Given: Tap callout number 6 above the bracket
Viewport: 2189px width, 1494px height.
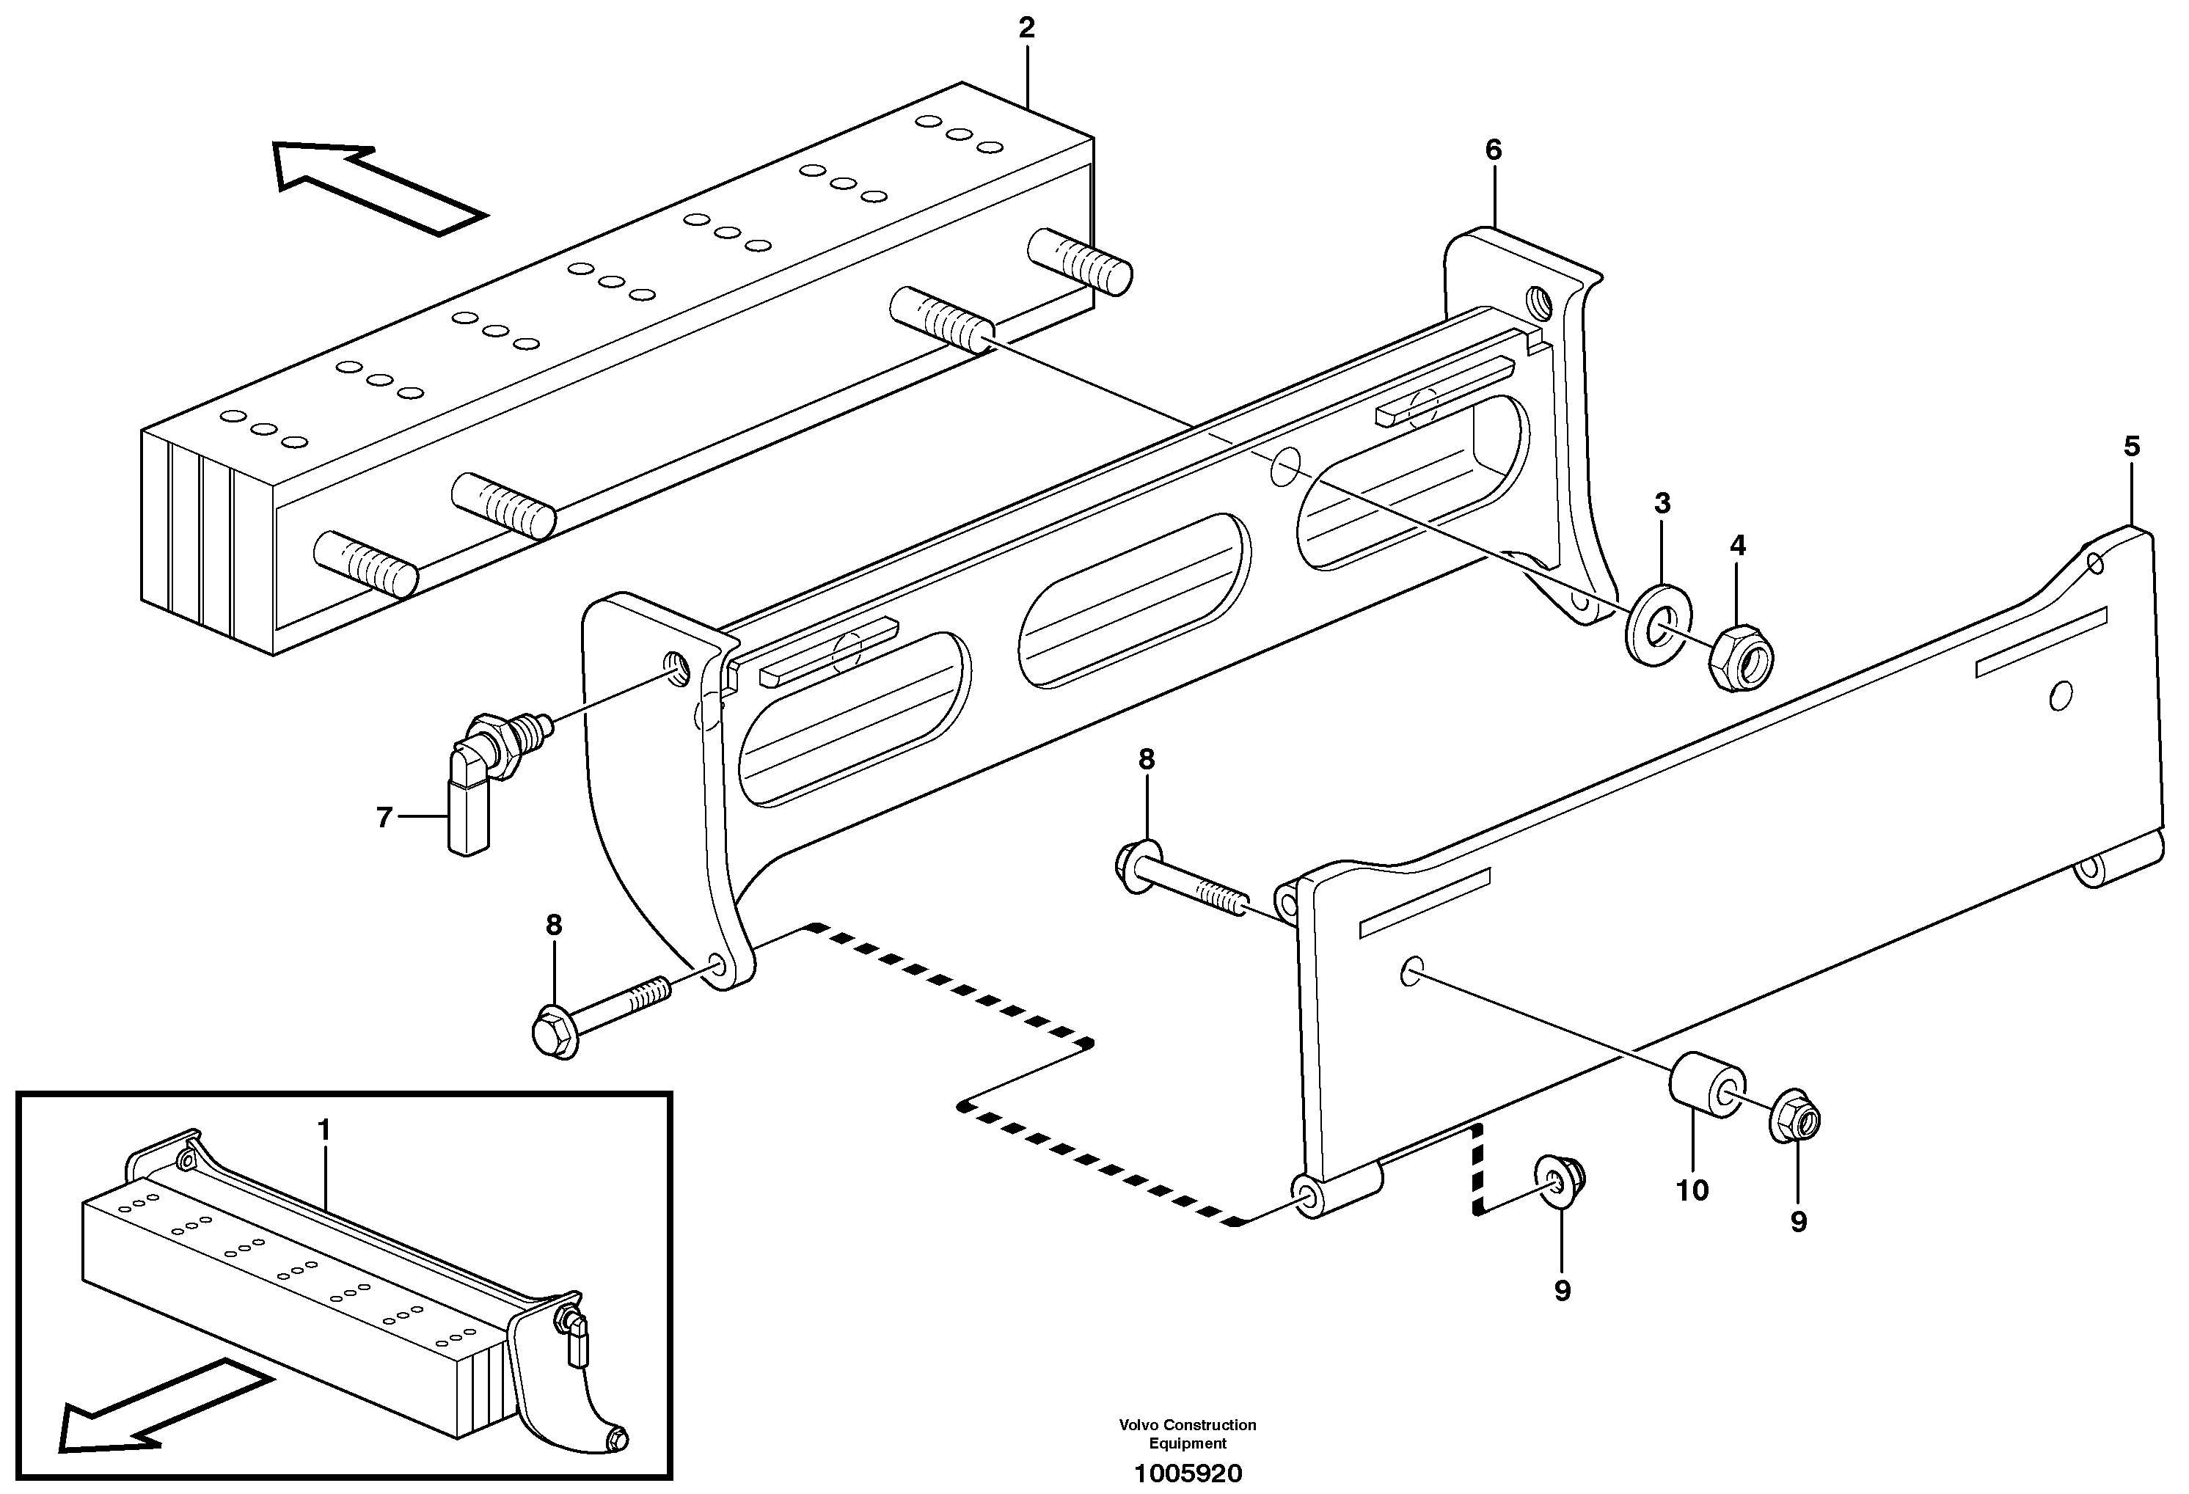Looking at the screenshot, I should tap(1493, 150).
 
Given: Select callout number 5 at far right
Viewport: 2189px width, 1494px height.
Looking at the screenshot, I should tap(2132, 447).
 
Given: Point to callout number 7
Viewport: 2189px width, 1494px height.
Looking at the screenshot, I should tap(384, 818).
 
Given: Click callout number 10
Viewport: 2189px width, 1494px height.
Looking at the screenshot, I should tap(1692, 1190).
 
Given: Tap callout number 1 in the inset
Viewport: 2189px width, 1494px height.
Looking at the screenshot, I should tap(324, 1129).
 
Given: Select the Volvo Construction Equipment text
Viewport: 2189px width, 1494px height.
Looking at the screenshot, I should tap(1188, 1434).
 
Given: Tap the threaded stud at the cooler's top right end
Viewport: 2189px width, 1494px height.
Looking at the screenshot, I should tap(1081, 262).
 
